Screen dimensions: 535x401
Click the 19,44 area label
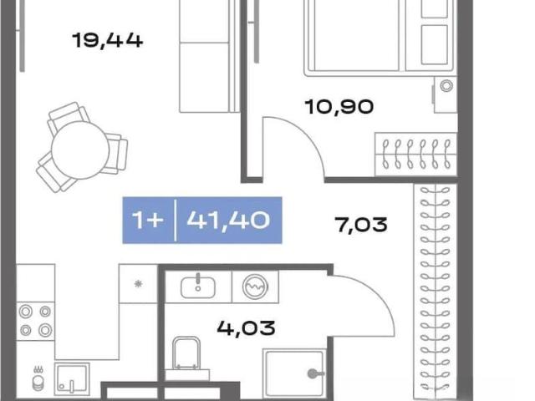108,40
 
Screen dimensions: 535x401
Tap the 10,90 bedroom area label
339,107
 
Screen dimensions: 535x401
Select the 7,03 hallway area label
361,225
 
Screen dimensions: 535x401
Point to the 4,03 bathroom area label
246,328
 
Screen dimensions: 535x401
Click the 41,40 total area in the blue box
228,220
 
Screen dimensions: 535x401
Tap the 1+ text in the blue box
147,220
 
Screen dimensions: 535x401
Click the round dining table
80,150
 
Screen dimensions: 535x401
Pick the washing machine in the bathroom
255,287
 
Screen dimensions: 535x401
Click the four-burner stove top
35,321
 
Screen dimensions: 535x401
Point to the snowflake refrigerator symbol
138,284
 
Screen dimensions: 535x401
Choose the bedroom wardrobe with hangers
416,155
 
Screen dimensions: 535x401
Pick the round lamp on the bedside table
446,85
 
